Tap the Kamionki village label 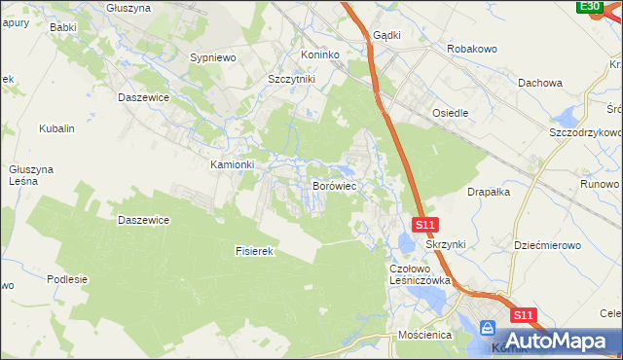pyautogui.click(x=233, y=164)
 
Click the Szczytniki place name pyautogui.click(x=291, y=80)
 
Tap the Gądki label pyautogui.click(x=386, y=35)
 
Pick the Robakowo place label pyautogui.click(x=472, y=48)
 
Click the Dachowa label pyautogui.click(x=541, y=83)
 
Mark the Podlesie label pyautogui.click(x=67, y=279)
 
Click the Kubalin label pyautogui.click(x=56, y=128)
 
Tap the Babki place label pyautogui.click(x=62, y=28)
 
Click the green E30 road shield pyautogui.click(x=589, y=7)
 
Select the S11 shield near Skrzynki pyautogui.click(x=424, y=225)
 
